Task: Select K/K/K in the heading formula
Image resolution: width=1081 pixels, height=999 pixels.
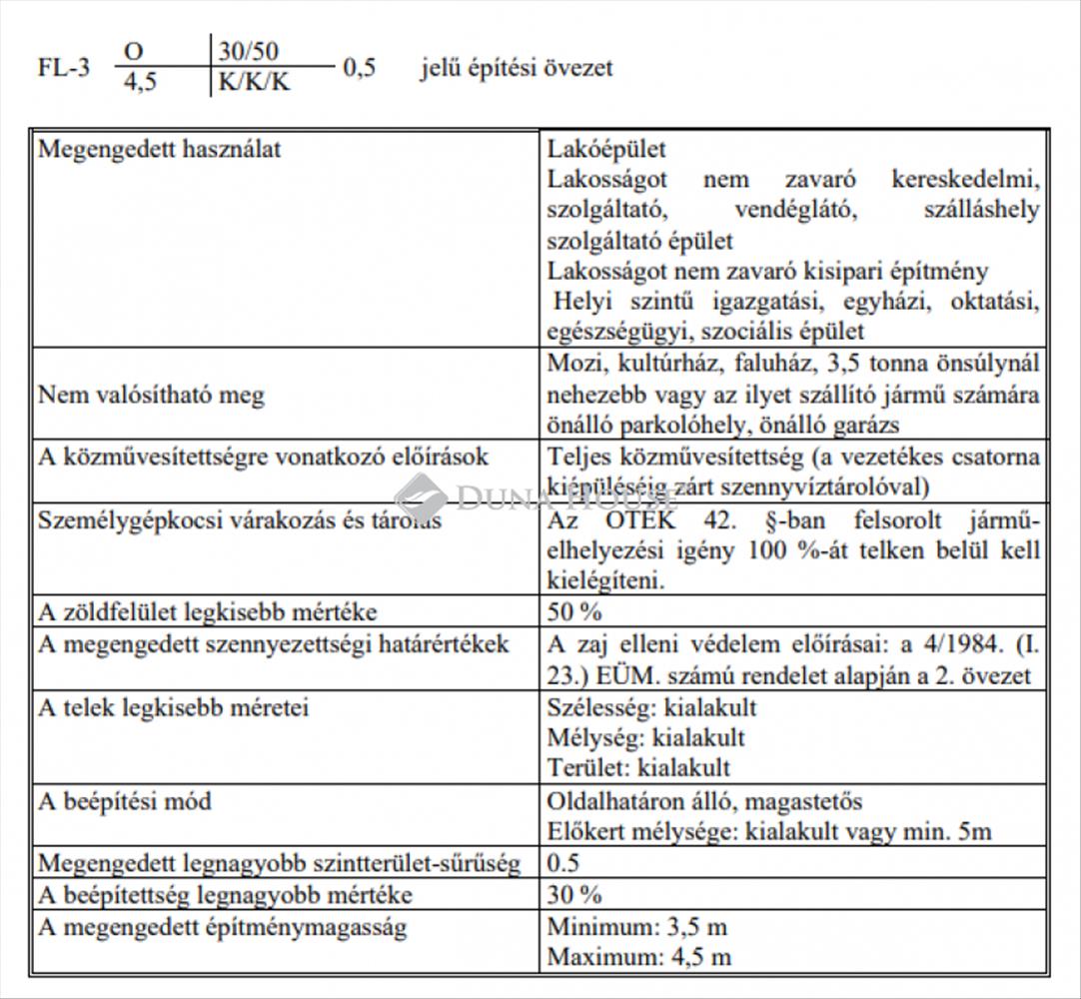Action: click(255, 82)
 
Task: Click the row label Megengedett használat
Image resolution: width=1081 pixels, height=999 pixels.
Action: click(159, 150)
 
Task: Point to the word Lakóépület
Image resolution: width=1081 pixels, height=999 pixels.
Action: click(606, 150)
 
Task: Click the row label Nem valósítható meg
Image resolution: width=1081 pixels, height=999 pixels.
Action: click(151, 395)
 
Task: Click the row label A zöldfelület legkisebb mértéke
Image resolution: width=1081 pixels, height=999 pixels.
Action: click(208, 612)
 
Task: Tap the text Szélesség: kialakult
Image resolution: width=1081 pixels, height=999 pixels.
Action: click(651, 708)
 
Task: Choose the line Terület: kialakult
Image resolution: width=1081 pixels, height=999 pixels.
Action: click(638, 767)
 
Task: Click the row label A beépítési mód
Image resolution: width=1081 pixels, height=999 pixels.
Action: click(125, 802)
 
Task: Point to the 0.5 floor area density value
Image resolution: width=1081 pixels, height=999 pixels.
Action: click(563, 863)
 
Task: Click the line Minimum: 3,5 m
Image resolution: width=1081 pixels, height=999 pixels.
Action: click(638, 927)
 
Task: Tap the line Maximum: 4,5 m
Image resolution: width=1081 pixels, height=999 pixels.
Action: click(638, 957)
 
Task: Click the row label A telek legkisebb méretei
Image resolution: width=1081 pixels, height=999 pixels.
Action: click(173, 708)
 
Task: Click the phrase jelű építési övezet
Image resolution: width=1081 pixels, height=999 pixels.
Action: click(517, 68)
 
